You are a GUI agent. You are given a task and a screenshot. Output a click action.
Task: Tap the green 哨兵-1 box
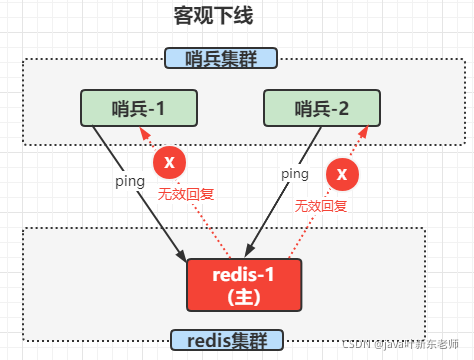click(x=139, y=108)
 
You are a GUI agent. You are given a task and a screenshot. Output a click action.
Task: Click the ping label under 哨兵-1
click(x=130, y=181)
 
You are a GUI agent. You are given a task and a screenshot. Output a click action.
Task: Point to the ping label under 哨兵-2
click(x=293, y=173)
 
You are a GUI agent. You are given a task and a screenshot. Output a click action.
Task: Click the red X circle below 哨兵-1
click(x=169, y=161)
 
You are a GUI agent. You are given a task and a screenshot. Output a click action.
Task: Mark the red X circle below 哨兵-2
click(x=342, y=175)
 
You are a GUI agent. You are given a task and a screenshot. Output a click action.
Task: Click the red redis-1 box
click(x=243, y=284)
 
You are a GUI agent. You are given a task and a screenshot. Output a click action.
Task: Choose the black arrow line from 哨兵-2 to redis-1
click(x=275, y=200)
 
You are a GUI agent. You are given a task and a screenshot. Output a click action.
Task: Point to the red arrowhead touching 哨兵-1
click(x=146, y=133)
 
